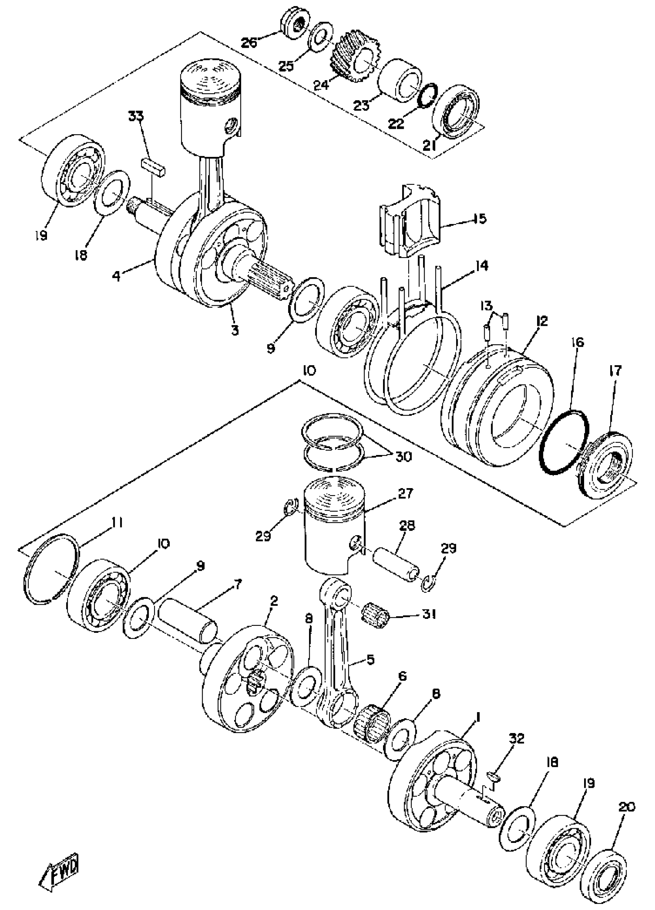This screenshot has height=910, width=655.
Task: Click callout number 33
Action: [x=136, y=118]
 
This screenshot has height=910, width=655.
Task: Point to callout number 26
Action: [x=250, y=42]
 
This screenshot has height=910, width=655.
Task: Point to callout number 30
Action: [x=403, y=457]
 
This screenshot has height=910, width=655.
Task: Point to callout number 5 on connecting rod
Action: [x=369, y=660]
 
